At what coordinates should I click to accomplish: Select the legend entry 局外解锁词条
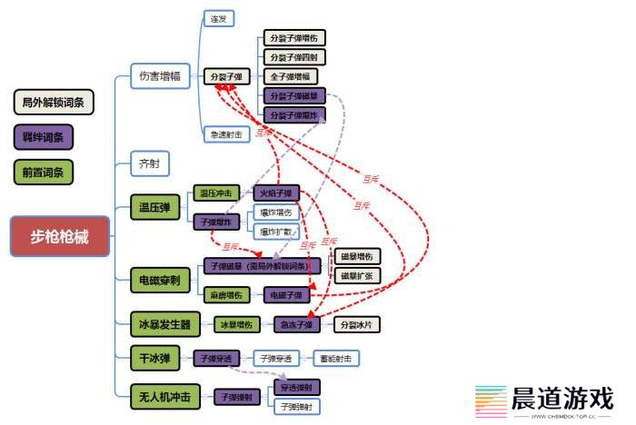point(54,102)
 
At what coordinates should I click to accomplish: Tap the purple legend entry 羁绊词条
point(44,136)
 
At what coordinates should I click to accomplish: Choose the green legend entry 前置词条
point(44,171)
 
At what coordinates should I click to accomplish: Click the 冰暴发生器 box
point(165,324)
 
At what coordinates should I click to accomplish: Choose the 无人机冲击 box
point(164,396)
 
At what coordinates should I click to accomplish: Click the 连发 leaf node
point(219,17)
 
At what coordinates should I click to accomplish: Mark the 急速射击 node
point(225,134)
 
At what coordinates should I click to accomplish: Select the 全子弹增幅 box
point(294,76)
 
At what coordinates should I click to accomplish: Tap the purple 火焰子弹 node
point(276,193)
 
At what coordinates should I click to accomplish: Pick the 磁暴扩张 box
point(357,275)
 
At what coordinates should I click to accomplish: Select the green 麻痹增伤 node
point(226,295)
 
